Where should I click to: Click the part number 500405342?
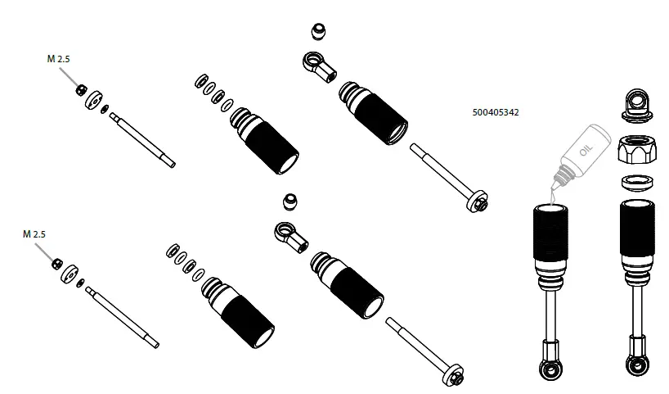pyautogui.click(x=496, y=112)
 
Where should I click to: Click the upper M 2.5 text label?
pyautogui.click(x=60, y=59)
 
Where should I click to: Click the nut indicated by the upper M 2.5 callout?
pyautogui.click(x=82, y=89)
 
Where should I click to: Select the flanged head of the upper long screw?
pyautogui.click(x=478, y=201)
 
